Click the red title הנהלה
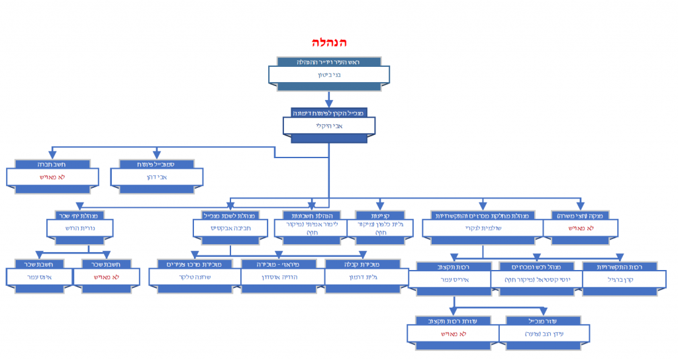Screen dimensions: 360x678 click(329, 42)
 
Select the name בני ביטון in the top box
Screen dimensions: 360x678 click(329, 75)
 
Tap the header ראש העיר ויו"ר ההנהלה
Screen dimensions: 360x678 click(329, 62)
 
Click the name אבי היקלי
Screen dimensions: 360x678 click(329, 126)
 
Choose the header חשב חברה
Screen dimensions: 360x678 click(52, 163)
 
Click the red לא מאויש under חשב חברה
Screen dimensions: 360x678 click(52, 177)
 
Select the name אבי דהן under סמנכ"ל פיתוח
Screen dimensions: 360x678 click(157, 177)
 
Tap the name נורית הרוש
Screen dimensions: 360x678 click(79, 228)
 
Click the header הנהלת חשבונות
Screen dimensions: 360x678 click(312, 215)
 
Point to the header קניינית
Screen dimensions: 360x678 click(380, 215)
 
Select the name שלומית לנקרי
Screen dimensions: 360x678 click(483, 228)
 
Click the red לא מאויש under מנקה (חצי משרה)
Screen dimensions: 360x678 click(581, 228)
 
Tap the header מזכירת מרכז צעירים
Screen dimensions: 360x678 click(195, 264)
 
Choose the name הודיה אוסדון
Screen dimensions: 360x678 click(279, 278)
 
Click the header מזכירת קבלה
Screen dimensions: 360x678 click(363, 264)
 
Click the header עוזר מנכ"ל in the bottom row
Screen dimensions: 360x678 click(544, 320)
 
